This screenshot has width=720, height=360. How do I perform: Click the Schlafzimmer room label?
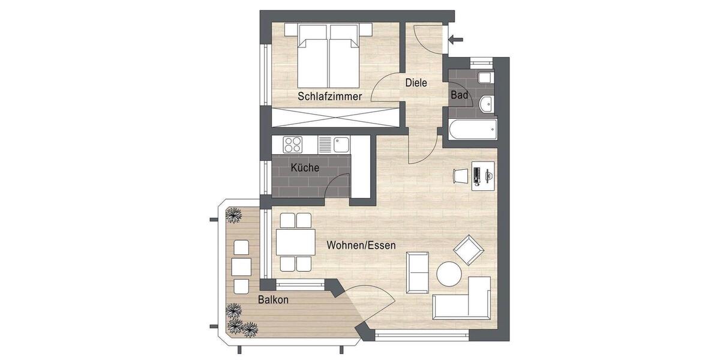coord(329,96)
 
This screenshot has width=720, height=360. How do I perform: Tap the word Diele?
coord(416,83)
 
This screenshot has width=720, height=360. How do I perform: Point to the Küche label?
coord(305,167)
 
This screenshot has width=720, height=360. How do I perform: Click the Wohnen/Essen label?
coord(361,245)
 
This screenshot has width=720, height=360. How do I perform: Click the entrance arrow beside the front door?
coord(456,40)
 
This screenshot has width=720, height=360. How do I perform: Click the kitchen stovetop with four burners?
coord(293,145)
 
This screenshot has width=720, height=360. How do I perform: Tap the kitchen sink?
coord(341,145)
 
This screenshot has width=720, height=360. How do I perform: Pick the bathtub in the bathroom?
coord(472,128)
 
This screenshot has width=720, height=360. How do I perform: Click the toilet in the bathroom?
coord(485,79)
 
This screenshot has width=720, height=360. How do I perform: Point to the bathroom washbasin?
coord(487,103)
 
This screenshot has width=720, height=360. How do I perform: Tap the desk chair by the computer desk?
coord(458,176)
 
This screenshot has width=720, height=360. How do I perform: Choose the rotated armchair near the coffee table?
coord(468,250)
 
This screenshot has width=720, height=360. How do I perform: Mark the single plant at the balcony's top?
coord(233,214)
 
